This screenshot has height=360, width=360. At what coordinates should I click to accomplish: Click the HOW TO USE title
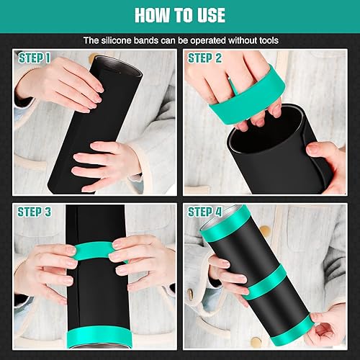pyautogui.click(x=179, y=15)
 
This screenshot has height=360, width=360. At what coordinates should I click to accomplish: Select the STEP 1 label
pyautogui.click(x=35, y=56)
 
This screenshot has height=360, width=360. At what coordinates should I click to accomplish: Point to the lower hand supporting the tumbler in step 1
pyautogui.click(x=108, y=162)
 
